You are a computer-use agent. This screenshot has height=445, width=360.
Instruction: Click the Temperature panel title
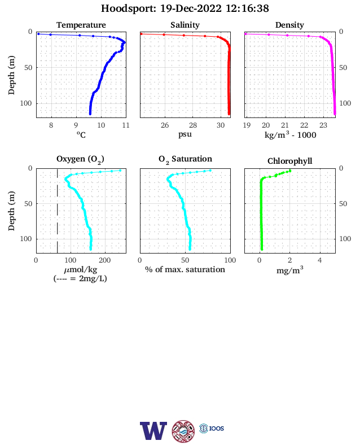tap(81, 25)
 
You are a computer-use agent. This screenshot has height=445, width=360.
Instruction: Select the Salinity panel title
tap(185, 25)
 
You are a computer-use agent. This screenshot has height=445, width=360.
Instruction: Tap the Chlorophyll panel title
tap(289, 161)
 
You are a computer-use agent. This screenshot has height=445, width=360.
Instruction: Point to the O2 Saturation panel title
tap(185, 159)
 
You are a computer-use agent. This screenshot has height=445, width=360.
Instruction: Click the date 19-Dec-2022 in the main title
tap(191, 8)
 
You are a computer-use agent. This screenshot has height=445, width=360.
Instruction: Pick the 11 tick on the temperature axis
tap(126, 125)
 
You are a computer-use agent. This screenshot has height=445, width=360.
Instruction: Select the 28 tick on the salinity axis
tap(193, 125)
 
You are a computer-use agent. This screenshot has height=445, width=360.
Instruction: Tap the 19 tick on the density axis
tap(247, 125)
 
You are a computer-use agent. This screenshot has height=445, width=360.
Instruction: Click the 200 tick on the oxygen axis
tap(105, 260)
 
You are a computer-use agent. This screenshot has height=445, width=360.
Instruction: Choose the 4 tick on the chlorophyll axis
tap(320, 260)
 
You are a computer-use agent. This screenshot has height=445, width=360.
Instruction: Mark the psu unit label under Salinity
tap(185, 134)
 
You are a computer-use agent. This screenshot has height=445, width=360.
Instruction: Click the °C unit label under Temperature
tap(81, 134)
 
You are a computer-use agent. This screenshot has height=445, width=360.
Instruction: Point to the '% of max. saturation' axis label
tap(185, 269)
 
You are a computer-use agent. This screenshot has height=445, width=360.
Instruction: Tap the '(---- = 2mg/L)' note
tap(80, 278)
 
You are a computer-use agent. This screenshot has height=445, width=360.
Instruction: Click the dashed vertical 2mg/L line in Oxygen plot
tap(57, 211)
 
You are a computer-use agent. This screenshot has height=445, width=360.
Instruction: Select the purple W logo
tap(153, 431)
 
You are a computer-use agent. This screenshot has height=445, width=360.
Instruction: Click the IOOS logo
tap(212, 428)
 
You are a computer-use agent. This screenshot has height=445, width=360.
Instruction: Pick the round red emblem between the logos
tap(183, 431)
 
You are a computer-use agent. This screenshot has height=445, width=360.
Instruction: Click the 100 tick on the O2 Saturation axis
tap(230, 260)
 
